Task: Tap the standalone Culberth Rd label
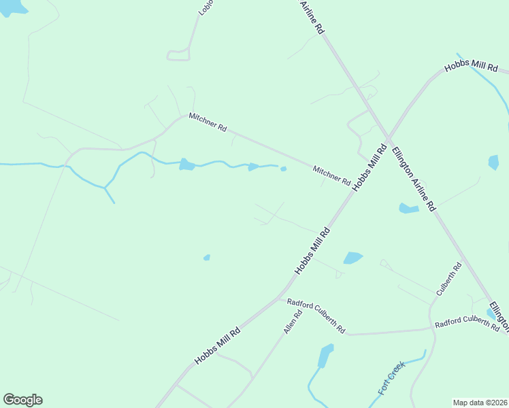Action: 449,279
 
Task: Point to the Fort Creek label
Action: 391,378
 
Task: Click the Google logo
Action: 22,400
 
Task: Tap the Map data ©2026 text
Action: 480,403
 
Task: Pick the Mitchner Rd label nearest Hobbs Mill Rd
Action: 331,176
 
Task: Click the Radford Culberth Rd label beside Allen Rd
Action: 316,315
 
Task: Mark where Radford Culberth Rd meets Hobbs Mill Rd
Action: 278,297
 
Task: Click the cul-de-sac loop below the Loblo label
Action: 178,55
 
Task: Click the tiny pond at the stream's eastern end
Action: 283,169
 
